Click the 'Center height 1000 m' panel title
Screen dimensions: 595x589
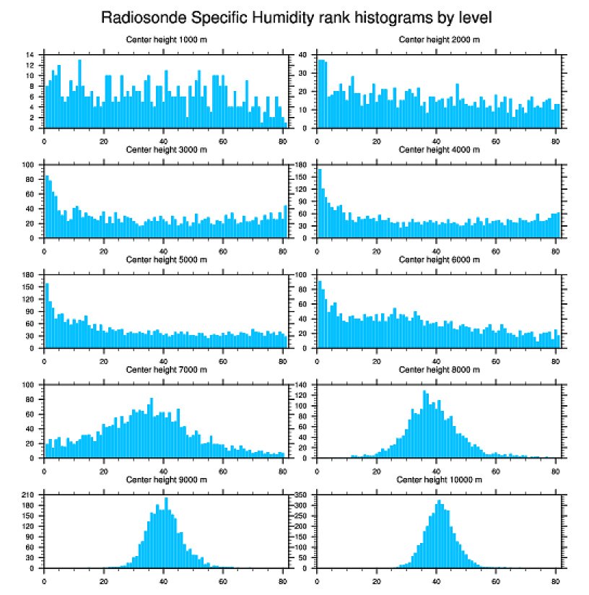pyautogui.click(x=166, y=40)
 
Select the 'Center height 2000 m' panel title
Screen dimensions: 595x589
pyautogui.click(x=439, y=40)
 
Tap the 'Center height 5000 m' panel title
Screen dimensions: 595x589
pyautogui.click(x=166, y=260)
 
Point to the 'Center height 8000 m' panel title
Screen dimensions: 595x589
pyautogui.click(x=439, y=370)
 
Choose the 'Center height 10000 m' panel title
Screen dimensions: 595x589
pyautogui.click(x=439, y=480)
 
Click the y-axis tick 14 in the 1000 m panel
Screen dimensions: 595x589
pyautogui.click(x=30, y=55)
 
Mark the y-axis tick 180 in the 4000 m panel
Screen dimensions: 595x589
pyautogui.click(x=302, y=165)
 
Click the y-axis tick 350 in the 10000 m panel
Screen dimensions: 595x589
pyautogui.click(x=302, y=495)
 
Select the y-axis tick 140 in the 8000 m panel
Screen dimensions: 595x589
pyautogui.click(x=302, y=385)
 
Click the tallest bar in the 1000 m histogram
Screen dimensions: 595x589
pyautogui.click(x=79, y=94)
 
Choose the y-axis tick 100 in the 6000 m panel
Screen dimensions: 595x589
pyautogui.click(x=302, y=274)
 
